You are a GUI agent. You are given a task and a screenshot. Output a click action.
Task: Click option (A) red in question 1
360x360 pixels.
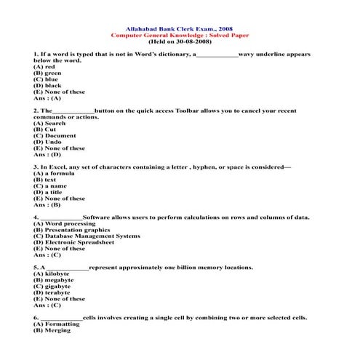tap(45, 67)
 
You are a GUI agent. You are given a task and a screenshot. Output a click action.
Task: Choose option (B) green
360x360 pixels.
tap(47, 73)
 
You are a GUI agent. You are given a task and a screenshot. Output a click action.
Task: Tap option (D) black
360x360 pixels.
tap(47, 86)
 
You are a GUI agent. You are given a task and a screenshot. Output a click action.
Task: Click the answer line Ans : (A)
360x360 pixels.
tap(47, 98)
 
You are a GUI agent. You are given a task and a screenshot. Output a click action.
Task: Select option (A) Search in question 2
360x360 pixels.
tap(49, 123)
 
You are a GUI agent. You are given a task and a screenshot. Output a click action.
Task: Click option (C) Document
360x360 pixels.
tap(55, 135)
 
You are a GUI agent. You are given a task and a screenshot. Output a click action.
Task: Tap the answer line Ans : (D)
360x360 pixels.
tap(47, 154)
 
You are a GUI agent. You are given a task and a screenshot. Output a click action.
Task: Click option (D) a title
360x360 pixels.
tap(49, 192)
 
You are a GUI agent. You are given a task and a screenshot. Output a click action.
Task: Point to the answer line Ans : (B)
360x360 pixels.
tap(47, 204)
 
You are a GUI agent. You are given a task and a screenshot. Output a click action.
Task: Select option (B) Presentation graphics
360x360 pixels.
tap(72, 230)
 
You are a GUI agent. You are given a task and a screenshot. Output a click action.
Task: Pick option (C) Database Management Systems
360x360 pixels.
tap(87, 236)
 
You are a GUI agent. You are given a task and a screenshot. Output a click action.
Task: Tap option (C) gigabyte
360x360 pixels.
tap(52, 286)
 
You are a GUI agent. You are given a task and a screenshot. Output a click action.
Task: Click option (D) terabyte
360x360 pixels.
tap(52, 292)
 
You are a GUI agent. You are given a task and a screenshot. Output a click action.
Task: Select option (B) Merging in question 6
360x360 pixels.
tap(52, 330)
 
